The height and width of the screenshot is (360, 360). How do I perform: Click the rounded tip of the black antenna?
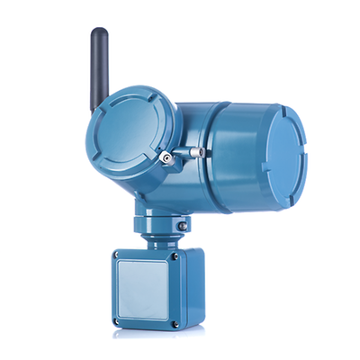click(95, 33)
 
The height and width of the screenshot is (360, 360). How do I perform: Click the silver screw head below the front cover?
click(167, 159)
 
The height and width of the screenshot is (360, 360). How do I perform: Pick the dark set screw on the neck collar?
click(183, 225)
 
